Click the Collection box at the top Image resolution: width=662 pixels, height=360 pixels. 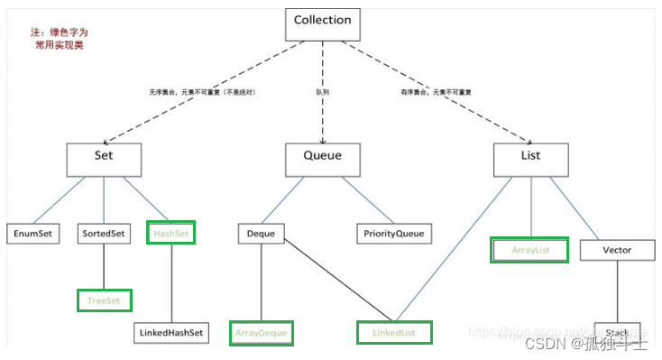click(x=323, y=23)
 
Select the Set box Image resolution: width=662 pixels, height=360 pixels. click(x=104, y=156)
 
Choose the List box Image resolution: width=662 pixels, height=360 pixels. click(x=530, y=156)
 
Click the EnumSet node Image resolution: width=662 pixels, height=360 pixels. click(x=32, y=234)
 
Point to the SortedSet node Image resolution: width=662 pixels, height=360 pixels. click(x=104, y=234)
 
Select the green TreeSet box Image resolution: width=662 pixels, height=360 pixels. click(x=104, y=299)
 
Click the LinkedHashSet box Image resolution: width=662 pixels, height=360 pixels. click(x=171, y=333)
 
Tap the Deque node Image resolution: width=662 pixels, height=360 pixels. click(x=261, y=234)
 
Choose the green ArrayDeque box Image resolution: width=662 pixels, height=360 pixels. click(x=262, y=333)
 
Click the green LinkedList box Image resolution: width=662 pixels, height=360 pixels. click(x=394, y=333)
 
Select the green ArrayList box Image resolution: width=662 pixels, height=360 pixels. click(x=529, y=249)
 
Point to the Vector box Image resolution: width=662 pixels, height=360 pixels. click(x=618, y=249)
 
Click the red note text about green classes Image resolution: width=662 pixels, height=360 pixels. click(x=60, y=38)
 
